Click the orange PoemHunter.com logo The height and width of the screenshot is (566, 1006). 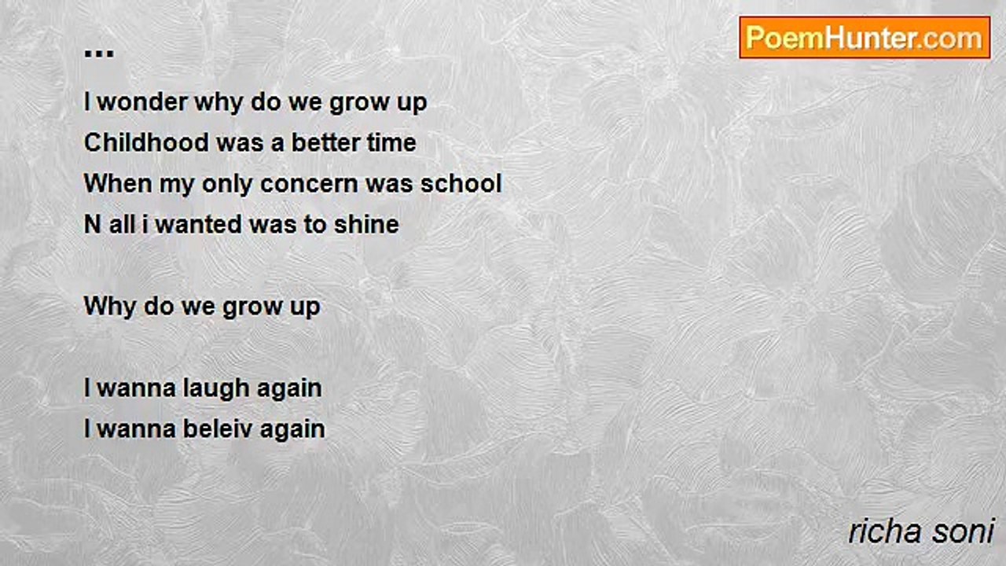(865, 38)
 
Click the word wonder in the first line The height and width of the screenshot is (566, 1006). (142, 102)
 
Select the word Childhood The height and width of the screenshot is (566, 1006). (146, 142)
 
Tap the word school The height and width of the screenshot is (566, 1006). (461, 183)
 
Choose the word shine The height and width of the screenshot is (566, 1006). (366, 224)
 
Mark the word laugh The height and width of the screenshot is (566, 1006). (216, 388)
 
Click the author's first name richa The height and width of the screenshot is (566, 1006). (885, 531)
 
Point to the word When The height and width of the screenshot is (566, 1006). (118, 183)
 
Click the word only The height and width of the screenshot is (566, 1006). (226, 185)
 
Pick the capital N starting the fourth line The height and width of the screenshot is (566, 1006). (93, 224)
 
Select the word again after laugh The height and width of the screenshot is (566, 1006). (289, 389)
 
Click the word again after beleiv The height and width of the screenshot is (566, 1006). (292, 430)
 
